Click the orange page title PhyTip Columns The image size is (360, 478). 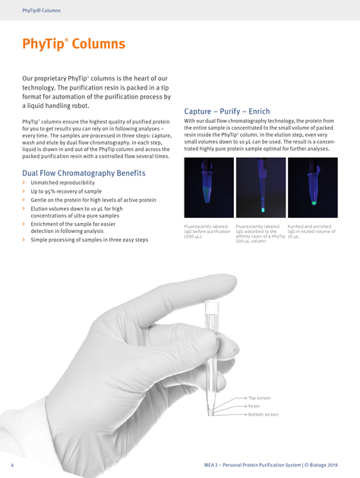coord(73,44)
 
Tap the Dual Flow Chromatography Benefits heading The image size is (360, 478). coord(84,173)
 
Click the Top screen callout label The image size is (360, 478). coord(259,398)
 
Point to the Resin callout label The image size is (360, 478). coord(254,406)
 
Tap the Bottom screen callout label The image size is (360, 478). coord(263,414)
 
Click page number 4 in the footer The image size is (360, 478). coord(12,464)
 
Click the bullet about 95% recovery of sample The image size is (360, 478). coord(66,191)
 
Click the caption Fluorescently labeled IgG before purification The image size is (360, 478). coord(207,230)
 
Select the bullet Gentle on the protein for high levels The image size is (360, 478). coord(93,200)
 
